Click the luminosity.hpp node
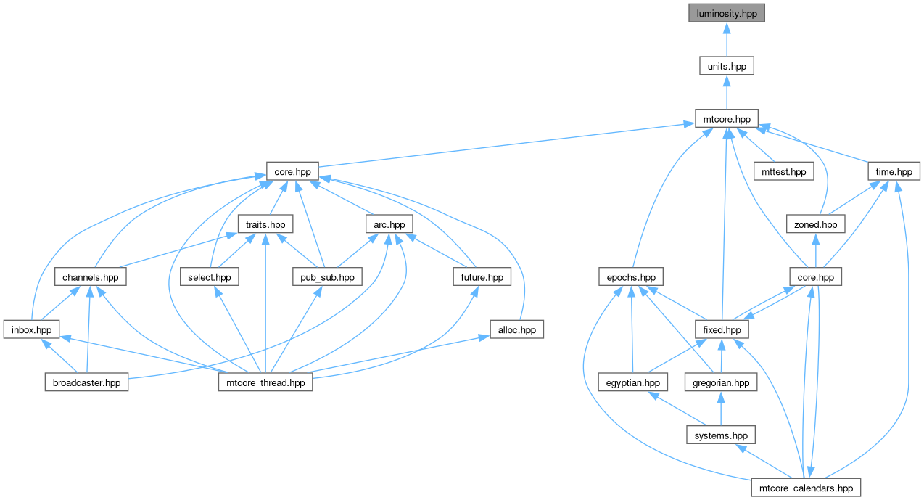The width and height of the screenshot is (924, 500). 727,13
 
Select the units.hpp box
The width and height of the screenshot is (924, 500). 727,66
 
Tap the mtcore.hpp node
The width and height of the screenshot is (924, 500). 727,119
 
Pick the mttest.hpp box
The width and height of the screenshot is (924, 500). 783,171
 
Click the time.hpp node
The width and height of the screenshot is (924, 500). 894,171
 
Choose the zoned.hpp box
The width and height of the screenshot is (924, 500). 815,224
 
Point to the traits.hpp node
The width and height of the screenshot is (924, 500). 265,224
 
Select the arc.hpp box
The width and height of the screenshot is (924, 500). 389,224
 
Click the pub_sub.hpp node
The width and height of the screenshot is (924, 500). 327,277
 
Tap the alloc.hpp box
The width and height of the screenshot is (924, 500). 516,329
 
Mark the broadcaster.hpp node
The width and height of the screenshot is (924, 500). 86,382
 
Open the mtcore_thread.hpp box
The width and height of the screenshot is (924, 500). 265,382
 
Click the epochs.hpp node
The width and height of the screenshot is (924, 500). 631,277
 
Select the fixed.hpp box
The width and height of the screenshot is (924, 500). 722,329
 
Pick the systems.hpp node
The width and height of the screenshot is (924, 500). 721,435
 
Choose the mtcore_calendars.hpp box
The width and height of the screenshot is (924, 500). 806,488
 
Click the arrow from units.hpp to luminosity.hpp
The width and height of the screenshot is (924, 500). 727,40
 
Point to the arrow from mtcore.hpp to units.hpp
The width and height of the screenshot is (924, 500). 727,92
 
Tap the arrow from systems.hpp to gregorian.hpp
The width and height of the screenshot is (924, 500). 721,409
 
